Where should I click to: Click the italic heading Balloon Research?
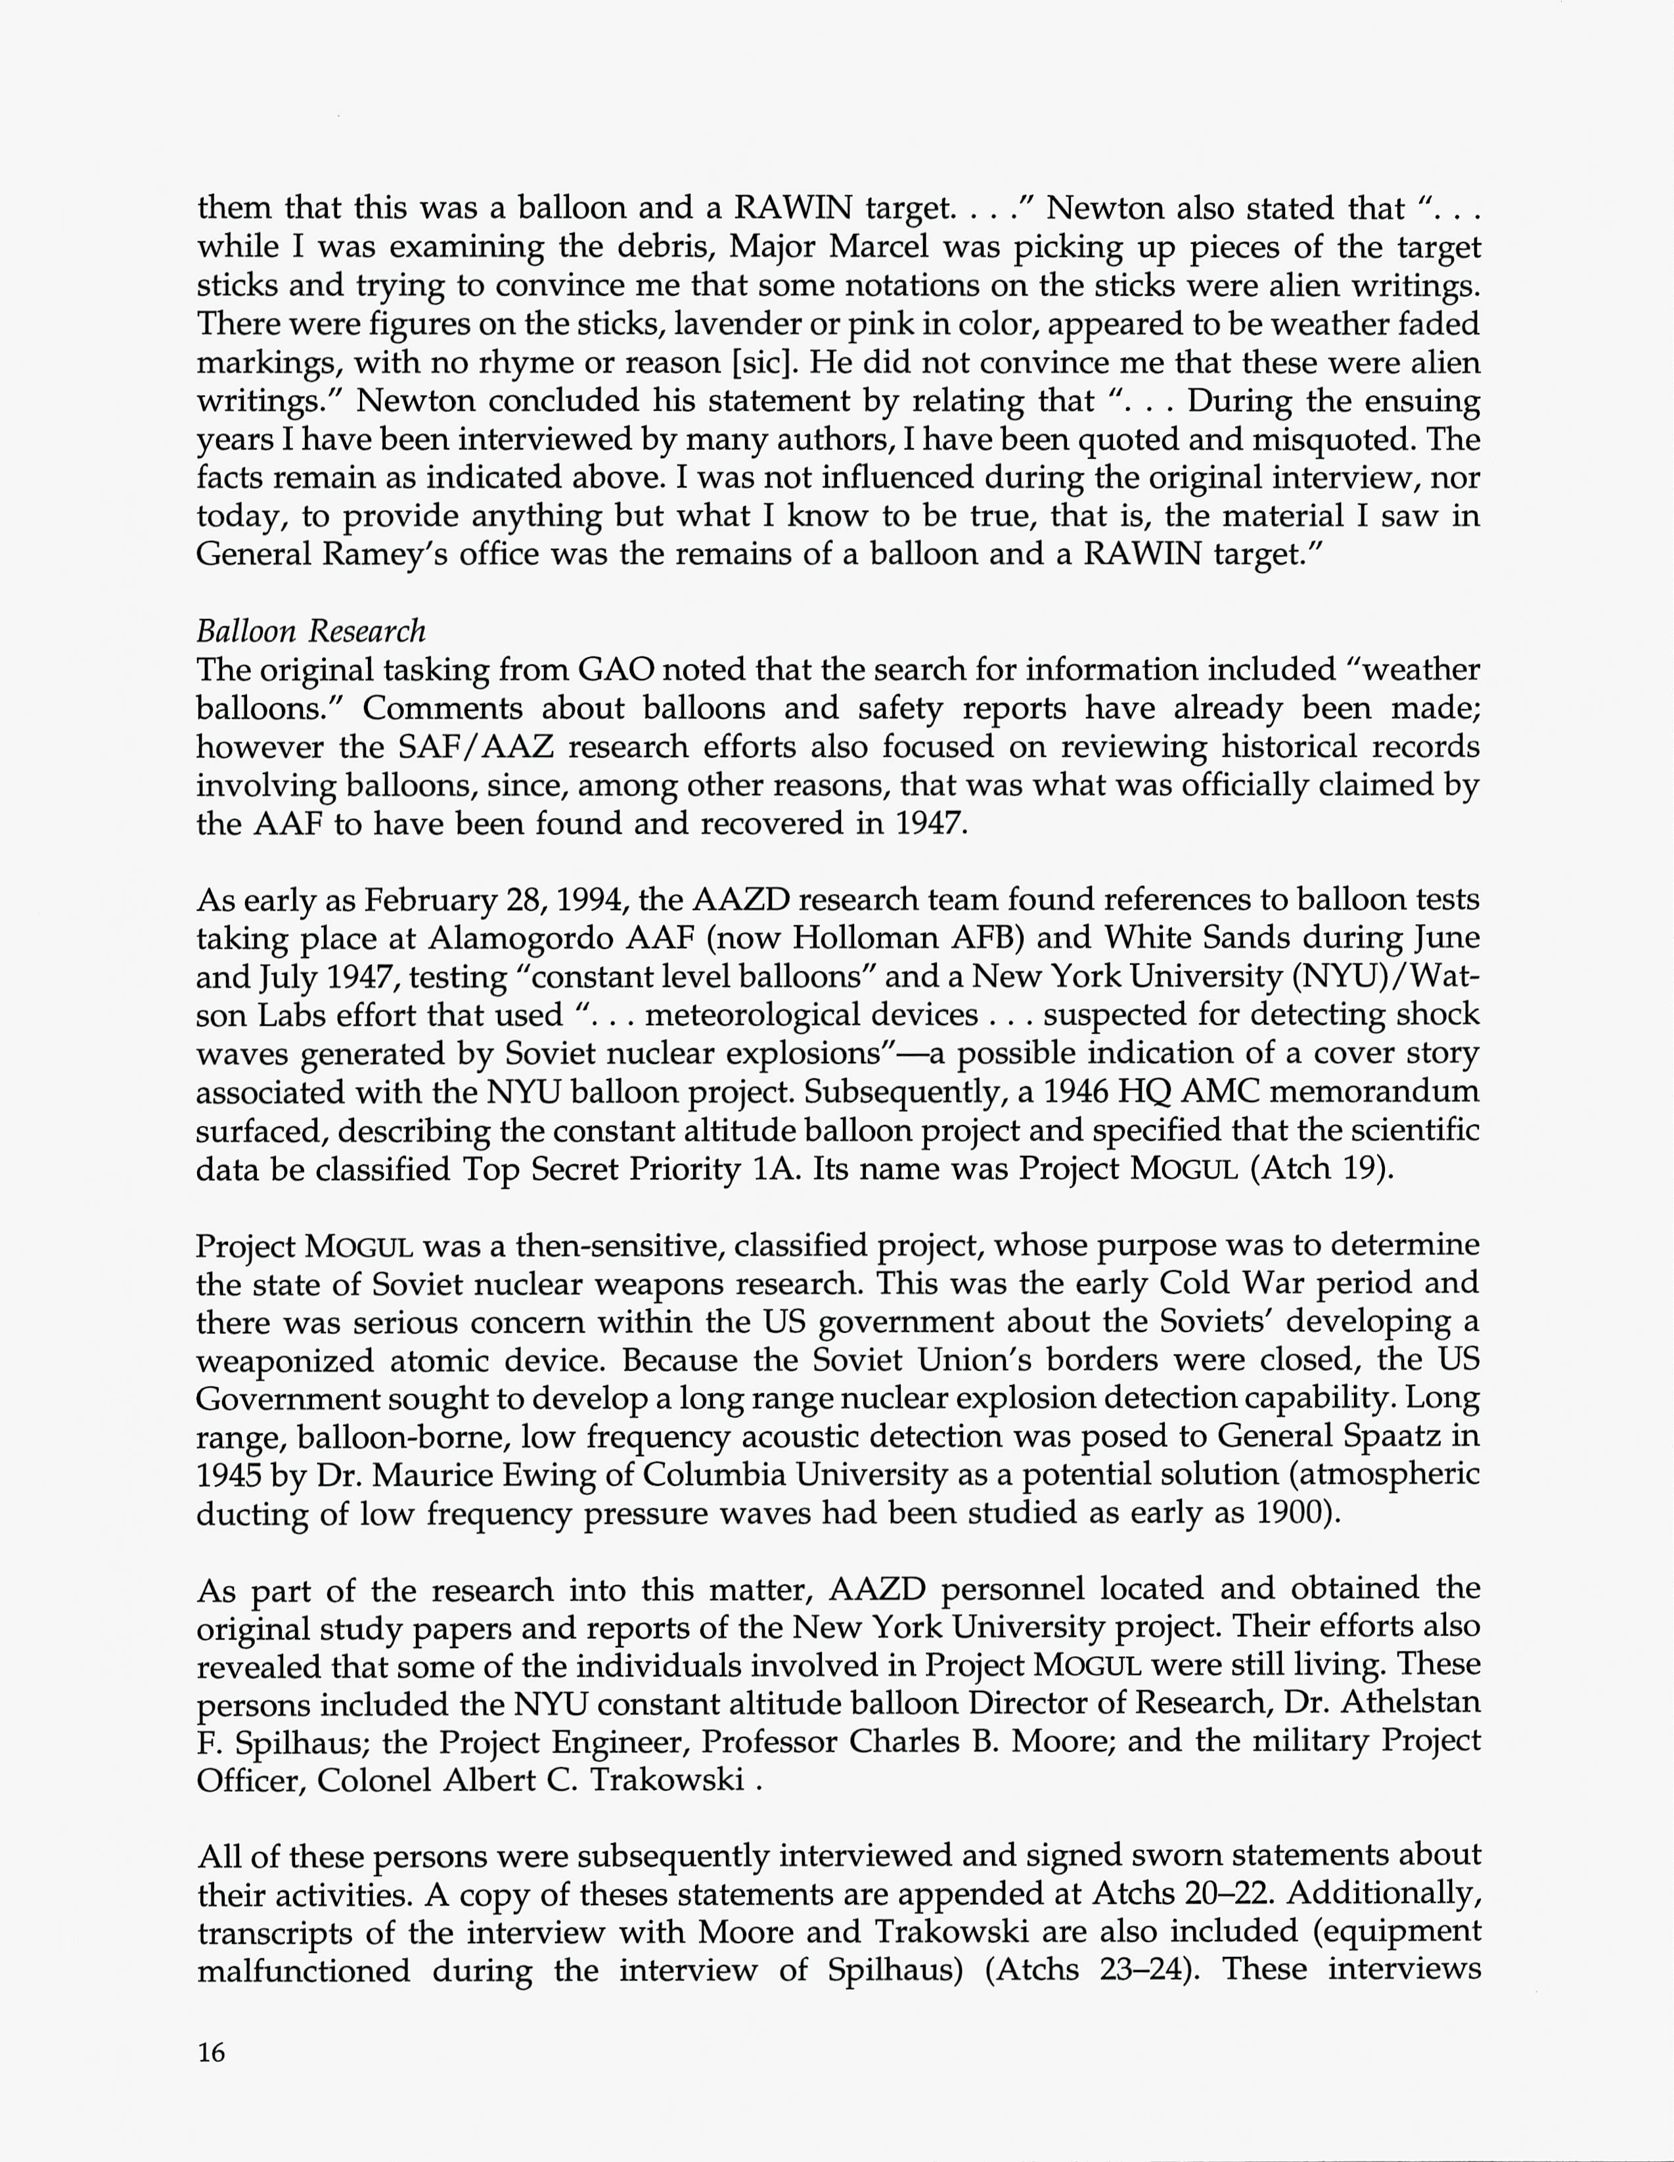pyautogui.click(x=311, y=631)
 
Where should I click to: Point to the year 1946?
pyautogui.click(x=1072, y=1091)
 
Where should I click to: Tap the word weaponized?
pyautogui.click(x=284, y=1360)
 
